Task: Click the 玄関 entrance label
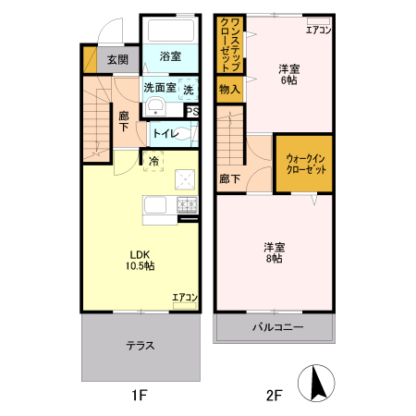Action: [116, 60]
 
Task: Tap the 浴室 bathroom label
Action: [168, 57]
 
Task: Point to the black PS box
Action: [192, 111]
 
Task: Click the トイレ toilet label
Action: [166, 133]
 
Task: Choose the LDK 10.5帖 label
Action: [141, 260]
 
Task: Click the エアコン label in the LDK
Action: [185, 298]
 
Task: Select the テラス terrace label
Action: [141, 346]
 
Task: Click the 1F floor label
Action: [139, 396]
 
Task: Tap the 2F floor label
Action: [274, 396]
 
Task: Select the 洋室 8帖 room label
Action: [274, 252]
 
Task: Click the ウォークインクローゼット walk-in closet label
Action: [305, 165]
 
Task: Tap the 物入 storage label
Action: [228, 90]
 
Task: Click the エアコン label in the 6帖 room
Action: [319, 30]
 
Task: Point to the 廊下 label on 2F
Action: [230, 178]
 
